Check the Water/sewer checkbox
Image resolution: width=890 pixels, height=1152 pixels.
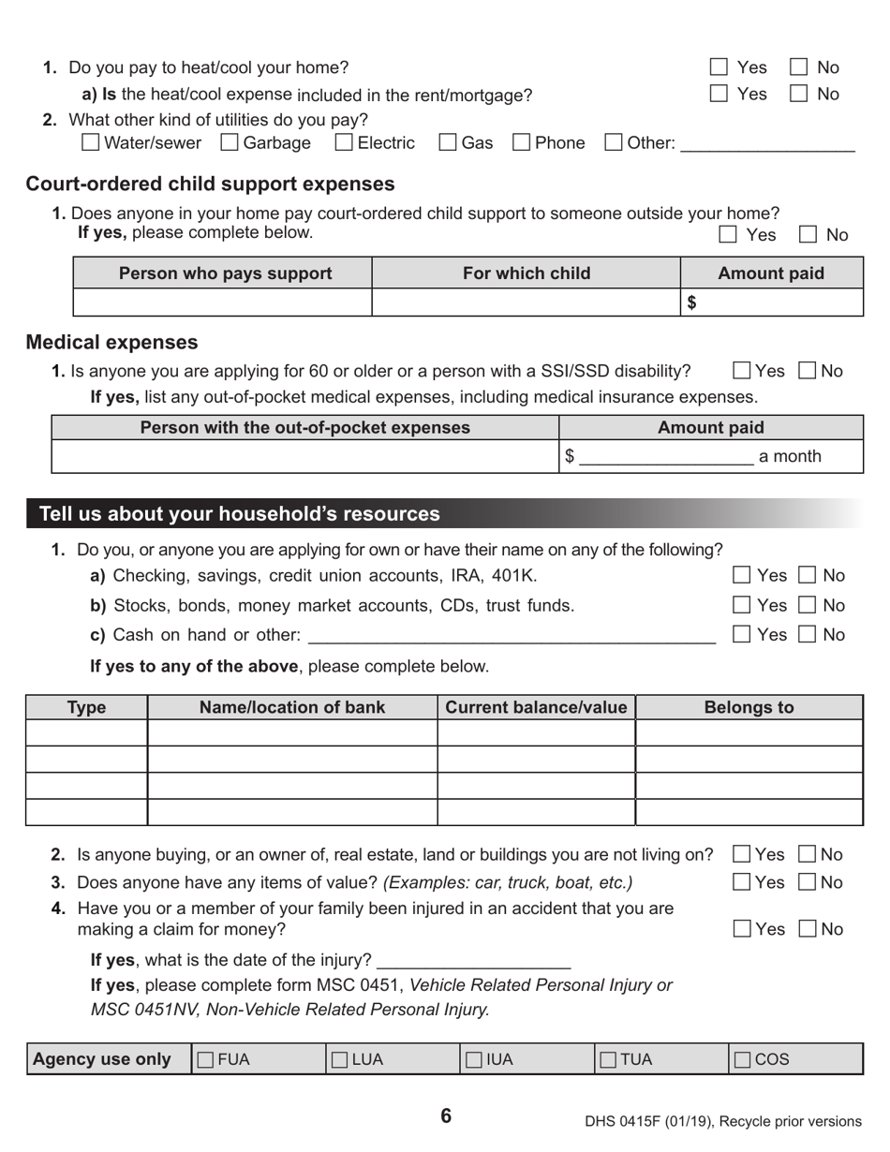(91, 143)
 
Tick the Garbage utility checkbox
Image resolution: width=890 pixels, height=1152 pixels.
(229, 143)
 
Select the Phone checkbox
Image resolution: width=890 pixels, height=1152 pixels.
(521, 143)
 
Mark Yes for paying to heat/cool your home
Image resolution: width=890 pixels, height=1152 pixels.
(719, 67)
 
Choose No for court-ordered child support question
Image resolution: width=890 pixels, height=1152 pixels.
(807, 235)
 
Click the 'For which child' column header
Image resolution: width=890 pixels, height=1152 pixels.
(527, 273)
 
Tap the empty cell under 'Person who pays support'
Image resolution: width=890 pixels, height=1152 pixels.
(223, 303)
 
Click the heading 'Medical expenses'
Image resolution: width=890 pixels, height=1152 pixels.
(111, 342)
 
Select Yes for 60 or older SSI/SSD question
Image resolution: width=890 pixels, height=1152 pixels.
(742, 371)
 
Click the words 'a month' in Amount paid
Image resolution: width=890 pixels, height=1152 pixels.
(789, 456)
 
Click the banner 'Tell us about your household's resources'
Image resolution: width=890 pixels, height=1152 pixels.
(240, 513)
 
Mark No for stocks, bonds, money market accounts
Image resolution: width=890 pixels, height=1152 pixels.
(807, 605)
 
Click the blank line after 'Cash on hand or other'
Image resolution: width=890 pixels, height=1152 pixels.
(511, 637)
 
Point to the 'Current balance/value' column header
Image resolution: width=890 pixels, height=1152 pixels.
(536, 707)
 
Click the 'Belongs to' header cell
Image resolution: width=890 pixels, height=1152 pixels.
(749, 707)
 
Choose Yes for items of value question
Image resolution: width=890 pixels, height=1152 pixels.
(742, 882)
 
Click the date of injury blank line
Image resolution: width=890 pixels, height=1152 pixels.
(474, 962)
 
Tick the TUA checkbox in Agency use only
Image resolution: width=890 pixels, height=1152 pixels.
(608, 1059)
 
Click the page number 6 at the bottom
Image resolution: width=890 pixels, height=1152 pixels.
(446, 1115)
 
